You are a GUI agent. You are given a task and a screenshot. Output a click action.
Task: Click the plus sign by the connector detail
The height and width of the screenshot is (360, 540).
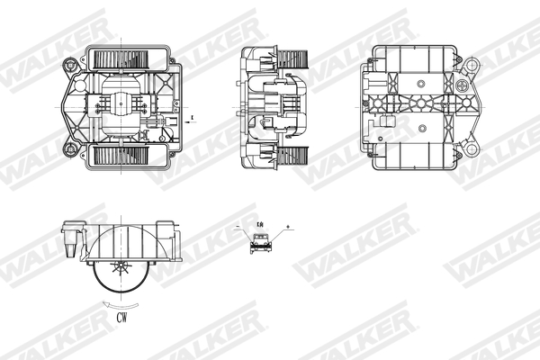287,226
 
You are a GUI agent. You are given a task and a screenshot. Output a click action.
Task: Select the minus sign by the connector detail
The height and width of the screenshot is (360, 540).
237,226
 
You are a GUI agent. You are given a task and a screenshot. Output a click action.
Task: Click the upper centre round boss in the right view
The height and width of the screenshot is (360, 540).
420,80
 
